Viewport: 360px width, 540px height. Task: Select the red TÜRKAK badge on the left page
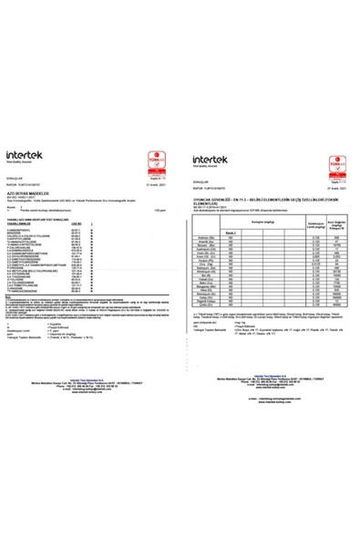point(162,147)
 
